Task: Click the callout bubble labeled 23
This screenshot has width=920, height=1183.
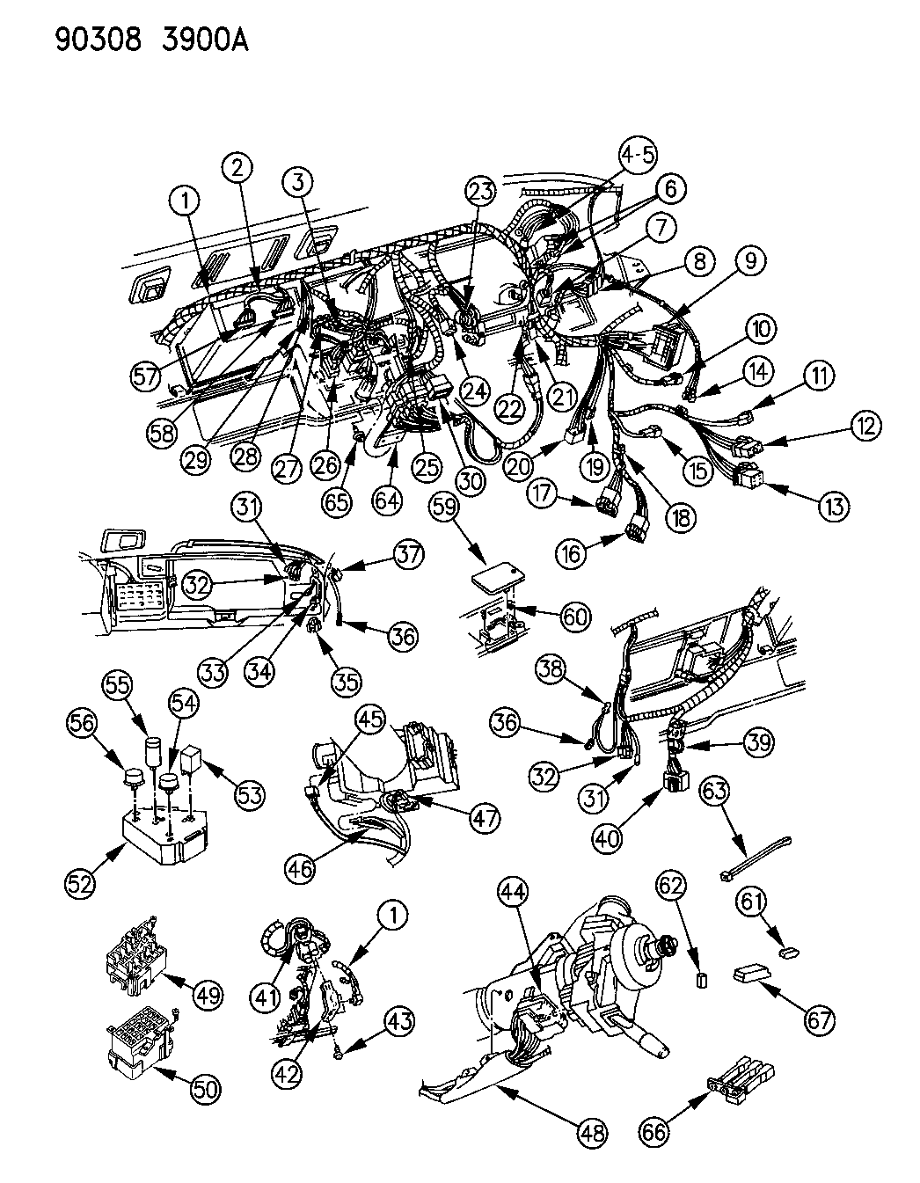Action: coord(481,191)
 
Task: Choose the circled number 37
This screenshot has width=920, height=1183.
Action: coord(407,554)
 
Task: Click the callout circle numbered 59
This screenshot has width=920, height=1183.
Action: coord(449,506)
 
